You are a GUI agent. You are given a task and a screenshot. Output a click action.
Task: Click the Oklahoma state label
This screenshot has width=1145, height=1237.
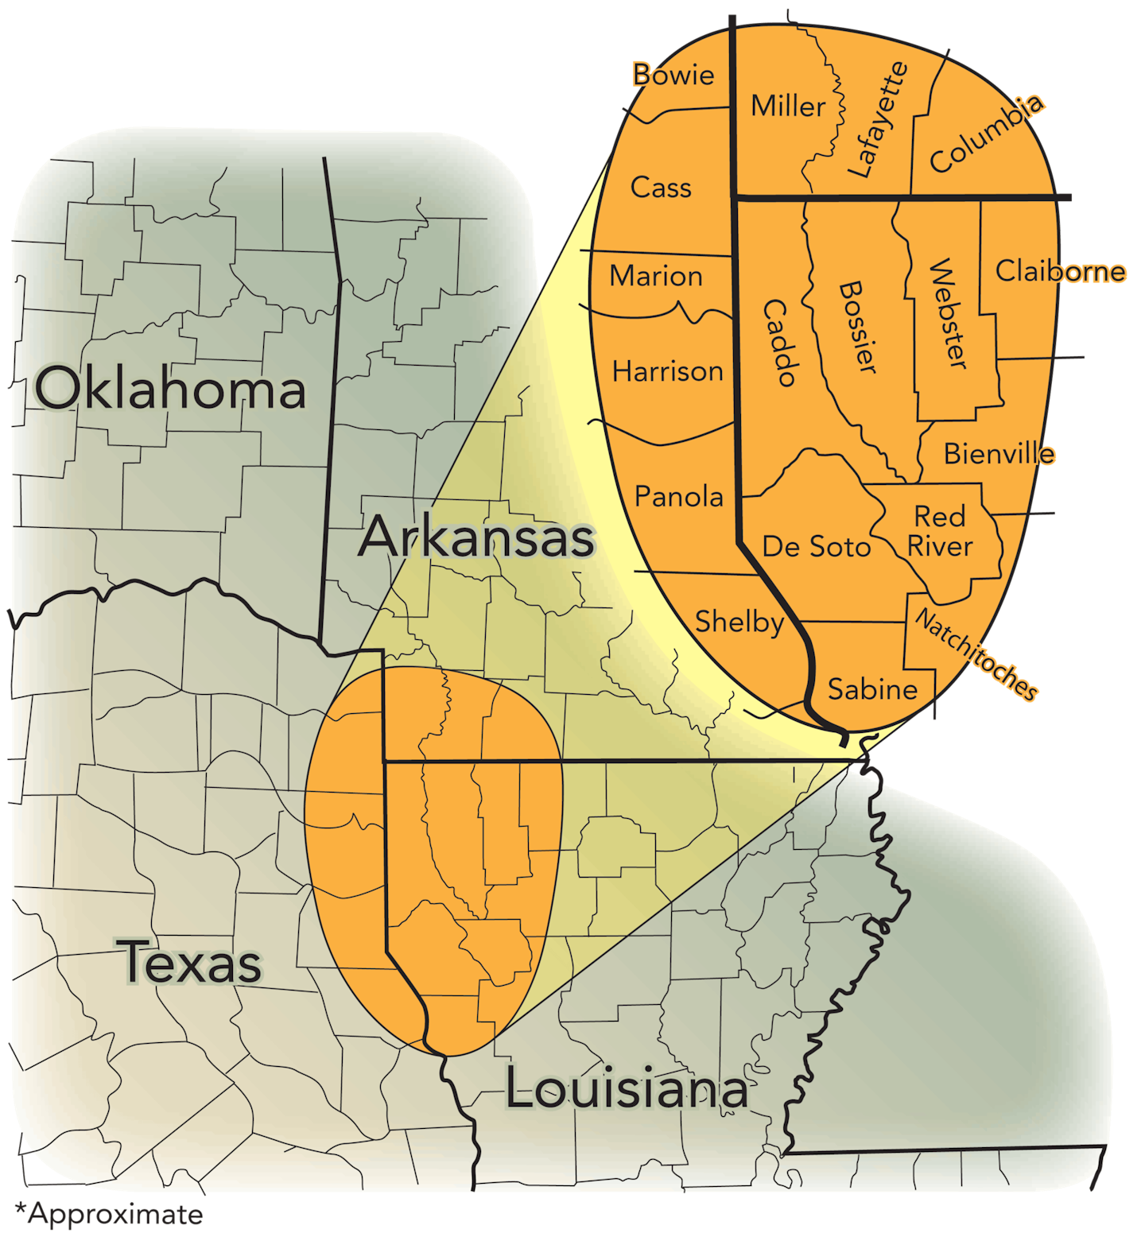[170, 390]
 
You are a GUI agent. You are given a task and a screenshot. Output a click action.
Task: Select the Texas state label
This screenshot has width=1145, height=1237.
[191, 962]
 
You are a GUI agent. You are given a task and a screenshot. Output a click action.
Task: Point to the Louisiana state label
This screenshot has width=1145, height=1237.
[627, 1088]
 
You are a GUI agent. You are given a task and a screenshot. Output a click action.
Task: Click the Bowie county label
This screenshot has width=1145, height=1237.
[673, 75]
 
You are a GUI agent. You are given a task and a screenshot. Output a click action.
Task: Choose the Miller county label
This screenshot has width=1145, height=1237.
[788, 106]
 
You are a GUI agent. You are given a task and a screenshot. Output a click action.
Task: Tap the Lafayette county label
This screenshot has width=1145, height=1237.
[876, 119]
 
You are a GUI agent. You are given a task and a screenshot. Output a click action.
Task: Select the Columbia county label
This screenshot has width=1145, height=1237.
[987, 133]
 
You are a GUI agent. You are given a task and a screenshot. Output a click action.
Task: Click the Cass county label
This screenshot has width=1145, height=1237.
[661, 188]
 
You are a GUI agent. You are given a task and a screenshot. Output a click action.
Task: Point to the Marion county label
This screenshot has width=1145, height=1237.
[656, 276]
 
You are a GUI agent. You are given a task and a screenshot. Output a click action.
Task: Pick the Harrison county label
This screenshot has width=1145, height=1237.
[667, 371]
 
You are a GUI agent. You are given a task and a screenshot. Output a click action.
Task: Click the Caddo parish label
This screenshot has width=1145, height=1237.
[779, 343]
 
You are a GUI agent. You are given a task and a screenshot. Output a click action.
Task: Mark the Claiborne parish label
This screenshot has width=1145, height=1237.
[1061, 271]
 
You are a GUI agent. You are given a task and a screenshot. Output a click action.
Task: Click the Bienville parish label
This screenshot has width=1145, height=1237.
[999, 454]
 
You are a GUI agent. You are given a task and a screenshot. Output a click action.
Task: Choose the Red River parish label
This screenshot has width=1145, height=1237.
[940, 531]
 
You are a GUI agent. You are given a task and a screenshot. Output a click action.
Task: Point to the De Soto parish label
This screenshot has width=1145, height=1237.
[817, 547]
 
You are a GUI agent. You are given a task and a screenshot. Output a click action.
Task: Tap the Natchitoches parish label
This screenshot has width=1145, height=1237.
[976, 654]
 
